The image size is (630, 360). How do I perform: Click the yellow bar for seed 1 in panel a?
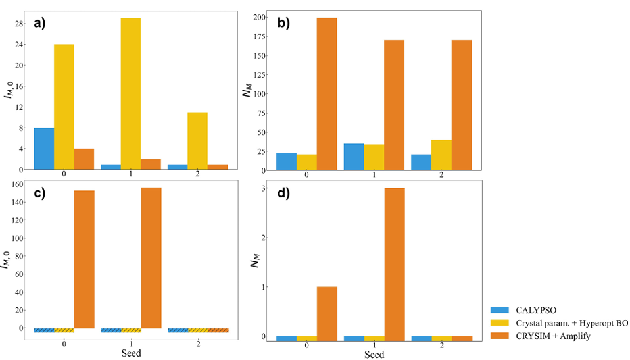pos(130,93)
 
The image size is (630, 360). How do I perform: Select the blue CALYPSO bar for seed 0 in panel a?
pos(44,149)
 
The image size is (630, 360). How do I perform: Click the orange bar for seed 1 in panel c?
pos(151,258)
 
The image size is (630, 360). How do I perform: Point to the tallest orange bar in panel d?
pos(394,263)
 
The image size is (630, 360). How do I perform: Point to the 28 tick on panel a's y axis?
pos(19,24)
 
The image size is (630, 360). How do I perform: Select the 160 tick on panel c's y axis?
pos(17,184)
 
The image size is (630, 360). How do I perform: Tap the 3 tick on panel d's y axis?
pos(263,188)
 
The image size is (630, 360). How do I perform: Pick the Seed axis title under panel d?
pos(374,354)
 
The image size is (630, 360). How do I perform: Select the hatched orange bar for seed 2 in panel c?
pos(218,330)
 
